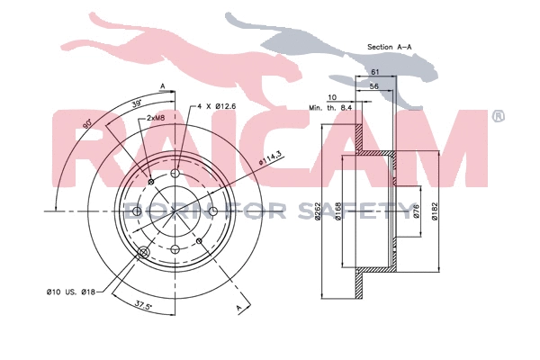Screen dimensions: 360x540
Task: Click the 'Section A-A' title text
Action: [x=389, y=46]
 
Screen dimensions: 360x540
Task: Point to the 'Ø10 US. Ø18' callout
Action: [x=71, y=291]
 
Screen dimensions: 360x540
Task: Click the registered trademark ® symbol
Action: [x=498, y=116]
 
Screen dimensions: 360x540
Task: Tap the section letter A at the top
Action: [x=163, y=85]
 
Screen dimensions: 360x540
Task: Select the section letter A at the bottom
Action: [x=239, y=308]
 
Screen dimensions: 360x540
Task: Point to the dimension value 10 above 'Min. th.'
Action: [x=333, y=96]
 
